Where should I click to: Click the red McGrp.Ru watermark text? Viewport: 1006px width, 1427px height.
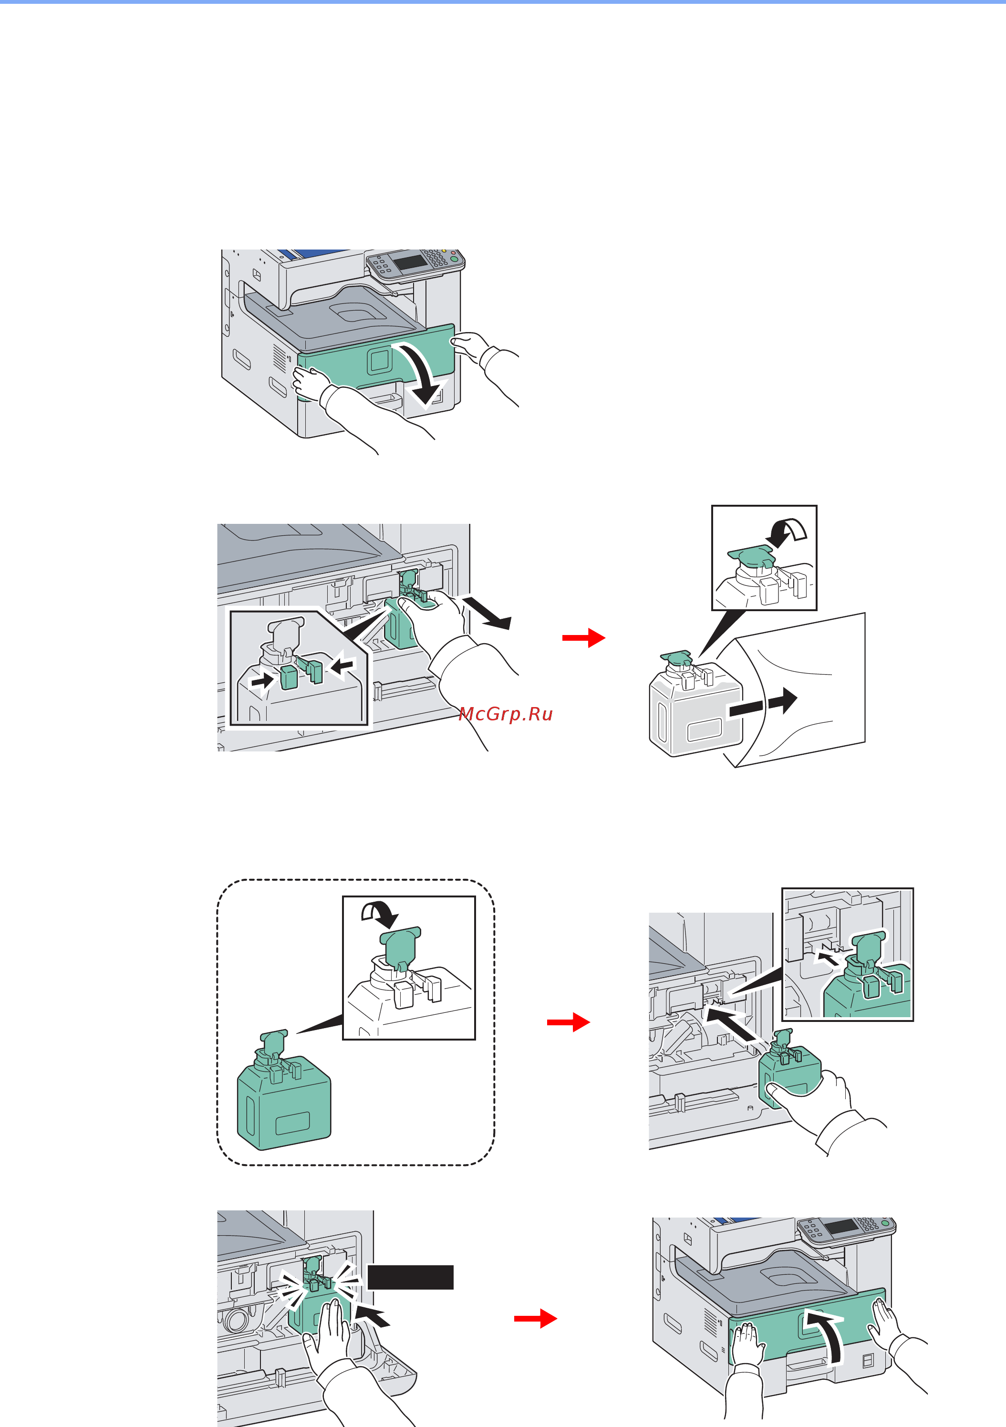pos(505,714)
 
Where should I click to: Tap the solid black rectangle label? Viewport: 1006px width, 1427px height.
pos(410,1277)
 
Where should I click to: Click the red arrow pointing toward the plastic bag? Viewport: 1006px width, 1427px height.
pos(583,638)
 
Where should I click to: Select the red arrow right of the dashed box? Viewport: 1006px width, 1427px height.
pos(569,1022)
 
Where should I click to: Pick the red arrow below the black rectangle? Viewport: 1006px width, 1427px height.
pos(536,1318)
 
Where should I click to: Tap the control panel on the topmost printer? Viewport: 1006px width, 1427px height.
pos(415,262)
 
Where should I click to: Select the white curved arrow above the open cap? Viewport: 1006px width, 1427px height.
pos(787,532)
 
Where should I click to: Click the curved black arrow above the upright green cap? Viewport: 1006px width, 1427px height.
pos(379,912)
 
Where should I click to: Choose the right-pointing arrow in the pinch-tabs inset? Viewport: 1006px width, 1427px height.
pos(262,680)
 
